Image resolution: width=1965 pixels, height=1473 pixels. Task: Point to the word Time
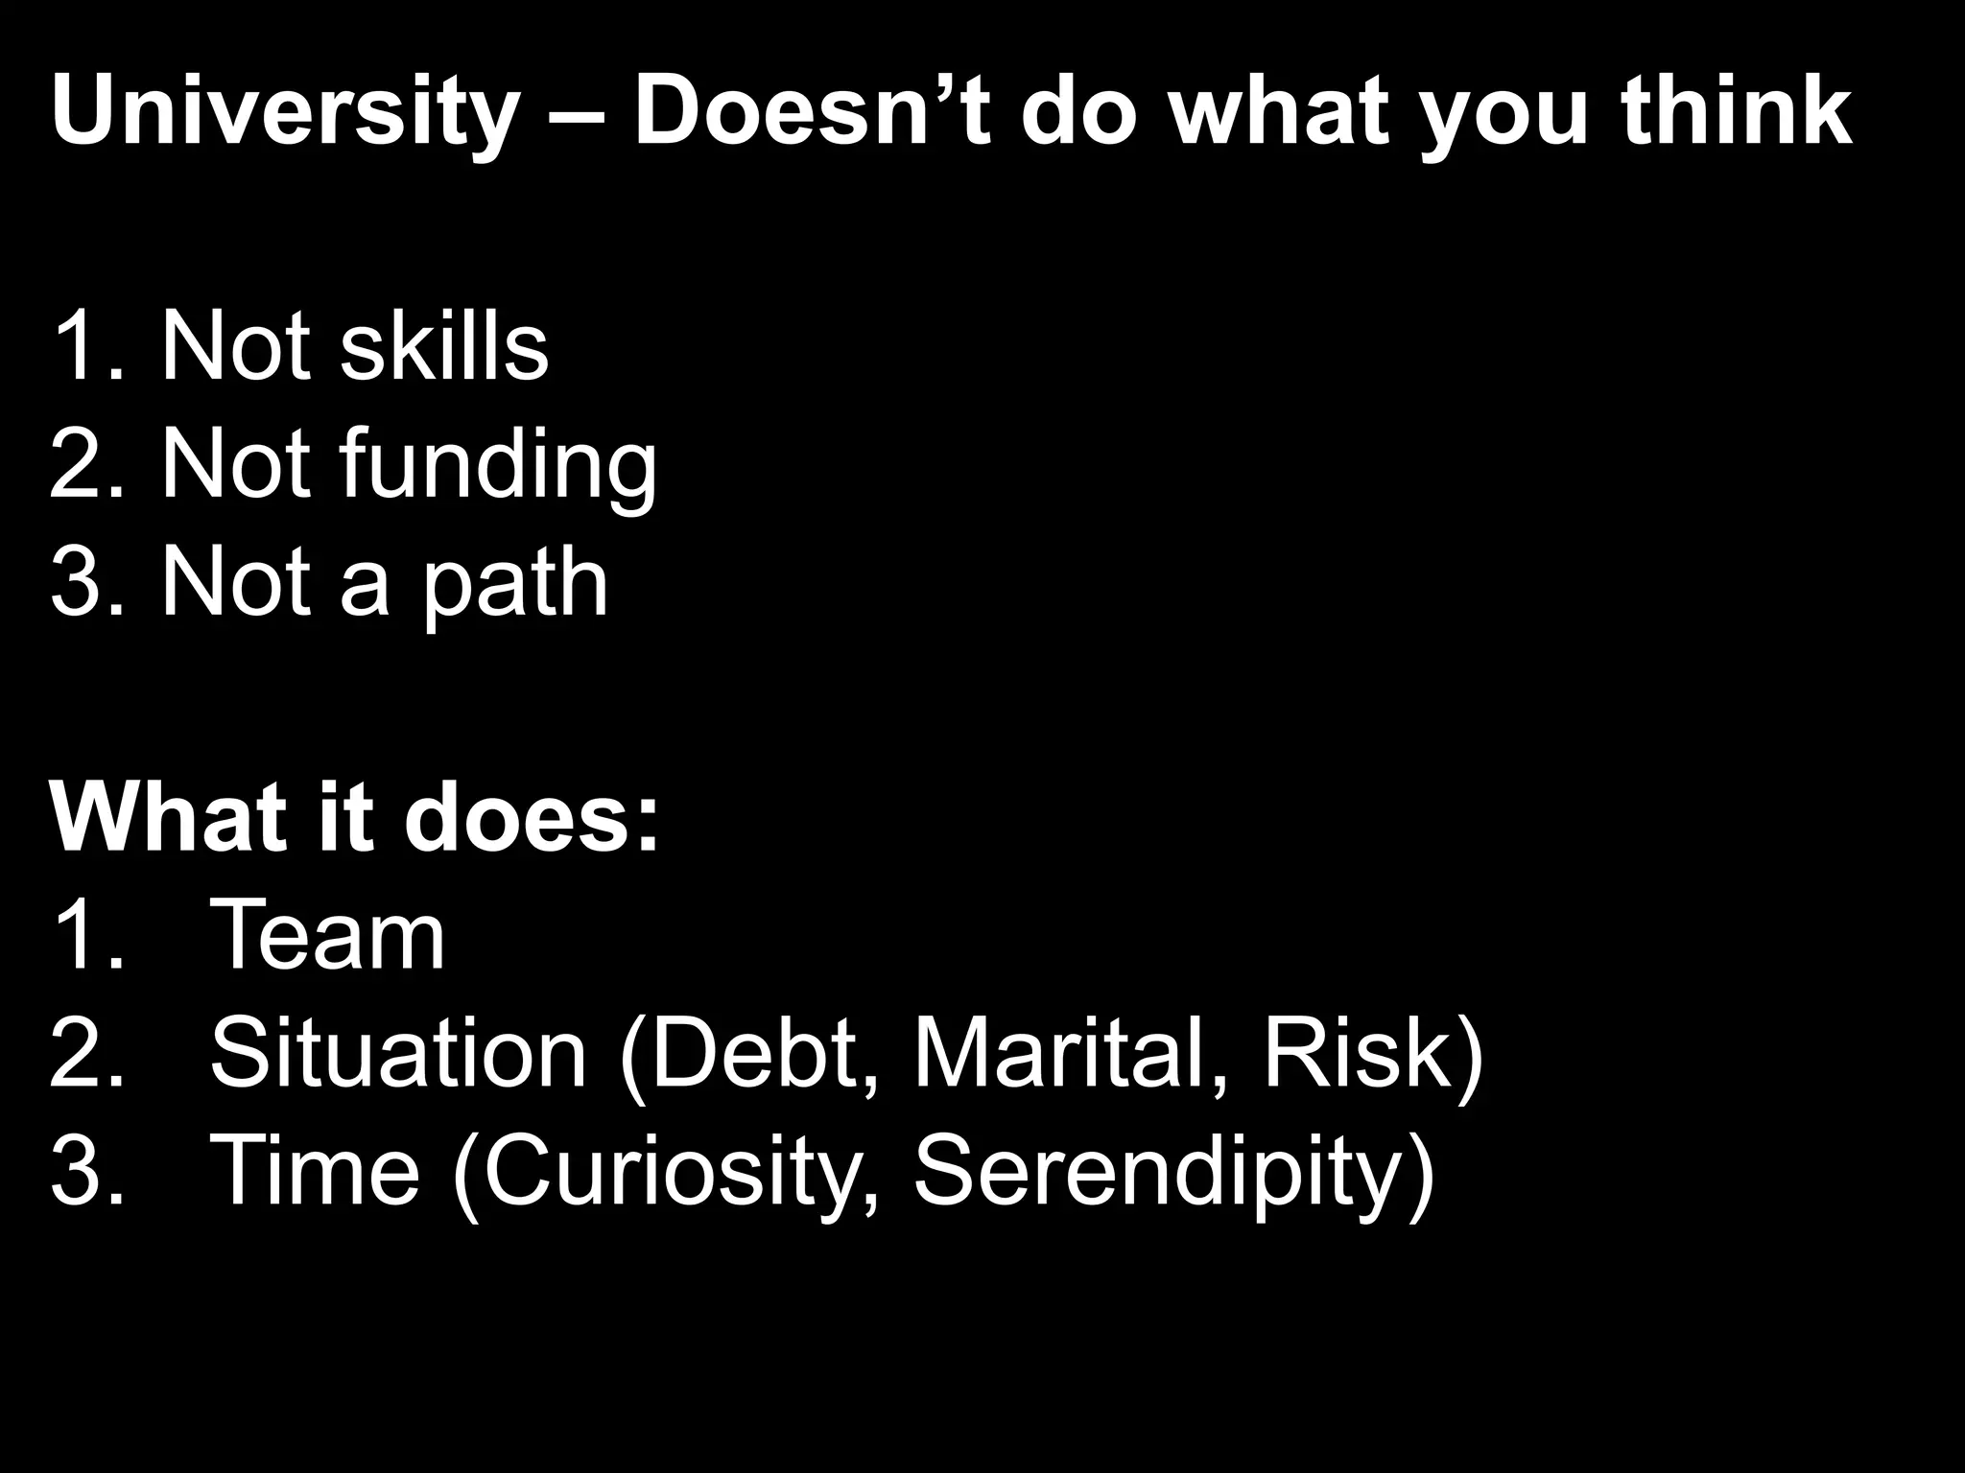click(315, 1170)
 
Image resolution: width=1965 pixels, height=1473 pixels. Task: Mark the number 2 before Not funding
click(80, 465)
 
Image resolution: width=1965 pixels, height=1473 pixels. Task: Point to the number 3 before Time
click(80, 1171)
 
